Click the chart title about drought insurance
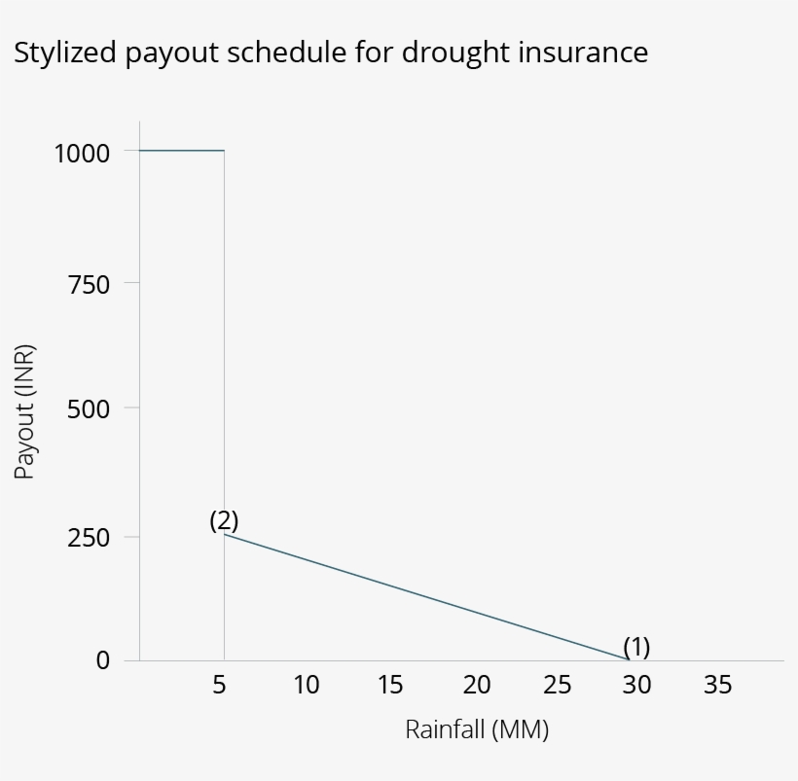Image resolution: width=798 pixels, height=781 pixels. coord(331,53)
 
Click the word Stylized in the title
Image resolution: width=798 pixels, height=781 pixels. coord(64,53)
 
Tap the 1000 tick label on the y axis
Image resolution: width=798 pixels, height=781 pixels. coord(82,153)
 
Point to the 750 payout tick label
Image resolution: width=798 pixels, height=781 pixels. coord(89,284)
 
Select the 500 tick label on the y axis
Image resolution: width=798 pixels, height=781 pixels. coord(89,408)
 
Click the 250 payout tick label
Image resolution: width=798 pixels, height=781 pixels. coord(89,538)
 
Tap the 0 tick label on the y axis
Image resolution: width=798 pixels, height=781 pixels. coord(103,660)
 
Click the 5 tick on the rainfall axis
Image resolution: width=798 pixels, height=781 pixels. coord(220,685)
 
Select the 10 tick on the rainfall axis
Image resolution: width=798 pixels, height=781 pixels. coord(306,685)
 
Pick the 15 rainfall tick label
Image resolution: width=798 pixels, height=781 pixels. coord(390,685)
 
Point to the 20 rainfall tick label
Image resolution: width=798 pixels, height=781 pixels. coord(476,685)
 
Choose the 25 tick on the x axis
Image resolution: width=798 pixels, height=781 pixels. coord(558,685)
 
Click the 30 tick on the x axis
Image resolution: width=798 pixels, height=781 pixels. coord(636,685)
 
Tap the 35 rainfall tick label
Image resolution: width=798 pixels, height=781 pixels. coord(717,685)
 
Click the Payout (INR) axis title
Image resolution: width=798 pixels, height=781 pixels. coord(25,411)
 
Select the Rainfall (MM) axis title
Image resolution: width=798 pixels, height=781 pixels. coord(477,729)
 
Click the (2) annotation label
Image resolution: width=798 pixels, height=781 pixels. coord(224,520)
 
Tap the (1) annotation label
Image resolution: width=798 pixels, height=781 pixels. coord(636,646)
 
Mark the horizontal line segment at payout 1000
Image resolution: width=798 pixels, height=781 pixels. coord(182,151)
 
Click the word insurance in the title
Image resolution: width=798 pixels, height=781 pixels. coord(583,53)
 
